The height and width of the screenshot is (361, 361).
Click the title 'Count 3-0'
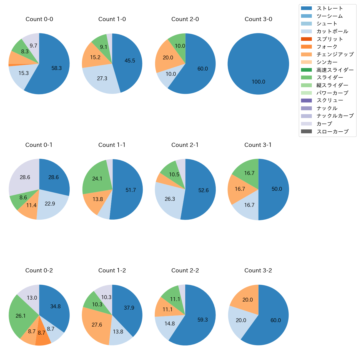(258, 19)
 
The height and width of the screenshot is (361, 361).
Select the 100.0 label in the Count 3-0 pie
(258, 82)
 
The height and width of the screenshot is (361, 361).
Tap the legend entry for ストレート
(329, 8)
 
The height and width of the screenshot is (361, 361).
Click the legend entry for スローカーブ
(332, 132)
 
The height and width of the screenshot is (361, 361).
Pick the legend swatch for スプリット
(306, 39)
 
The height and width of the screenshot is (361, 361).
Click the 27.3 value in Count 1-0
(102, 79)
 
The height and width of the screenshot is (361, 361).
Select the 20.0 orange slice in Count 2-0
(168, 58)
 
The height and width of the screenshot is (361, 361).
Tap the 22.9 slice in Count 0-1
(50, 204)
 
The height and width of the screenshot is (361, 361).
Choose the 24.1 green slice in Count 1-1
(97, 179)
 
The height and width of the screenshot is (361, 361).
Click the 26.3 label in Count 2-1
(170, 199)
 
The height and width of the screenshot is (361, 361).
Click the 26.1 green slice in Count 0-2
(21, 316)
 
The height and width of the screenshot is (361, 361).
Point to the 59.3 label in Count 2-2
(203, 320)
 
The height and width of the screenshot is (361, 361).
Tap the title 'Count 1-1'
(112, 145)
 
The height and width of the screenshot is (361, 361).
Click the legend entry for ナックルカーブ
(335, 116)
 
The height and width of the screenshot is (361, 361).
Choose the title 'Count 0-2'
(39, 270)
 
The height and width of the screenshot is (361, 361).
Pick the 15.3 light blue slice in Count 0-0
(23, 73)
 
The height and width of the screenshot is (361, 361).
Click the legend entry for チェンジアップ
(335, 54)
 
